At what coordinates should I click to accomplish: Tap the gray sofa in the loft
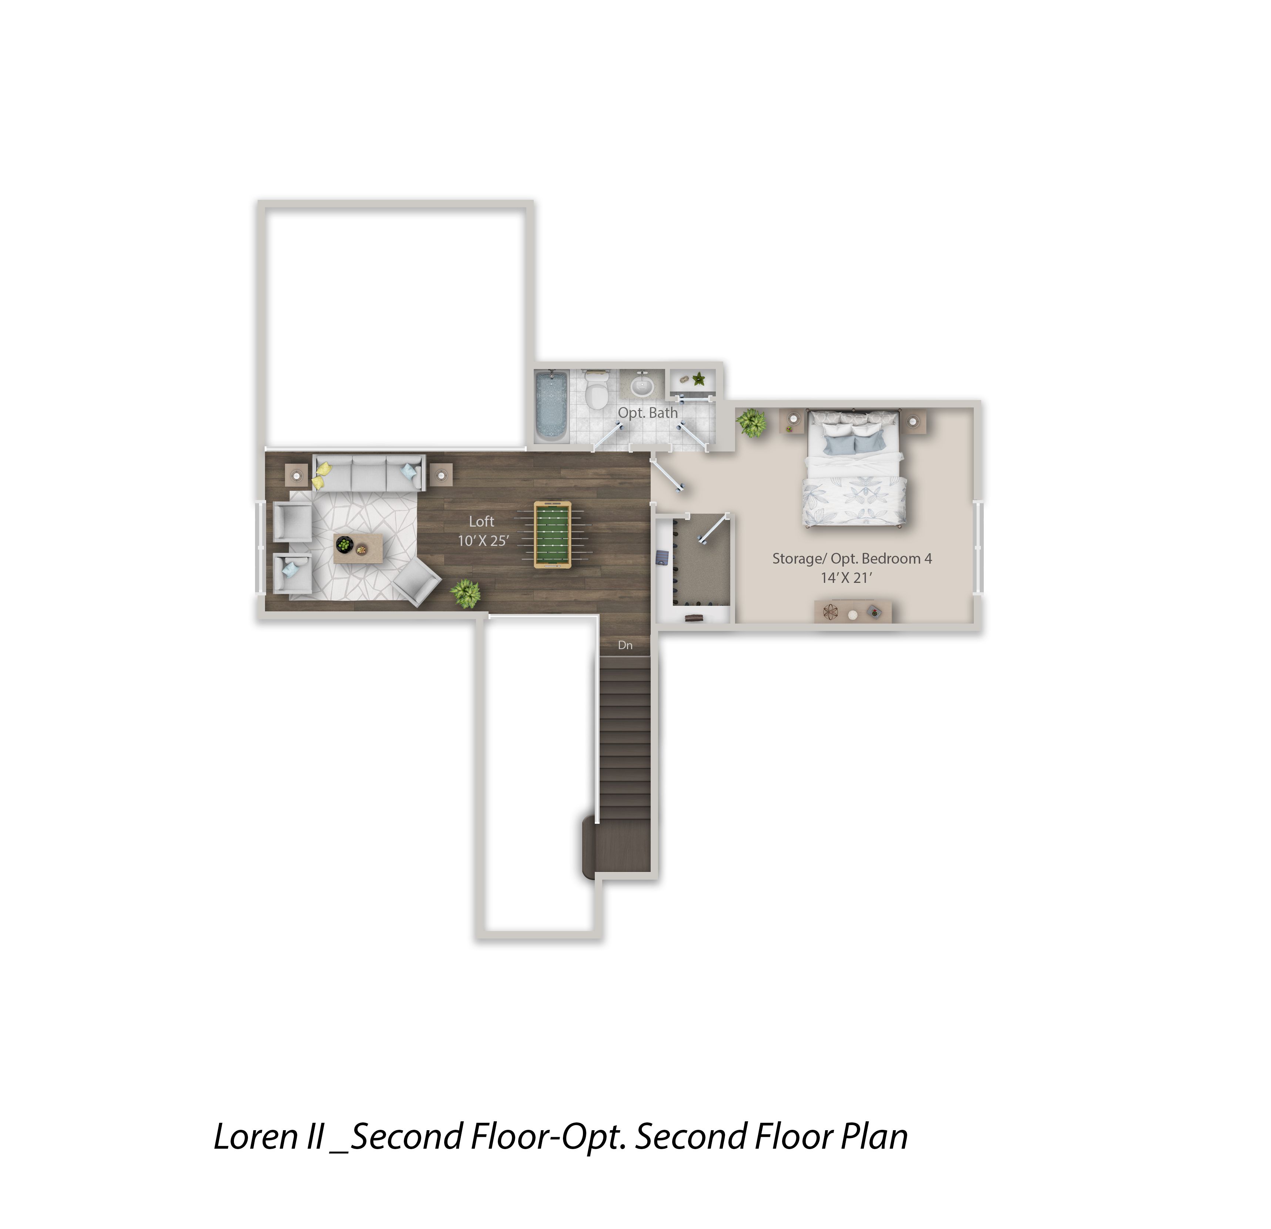tap(369, 473)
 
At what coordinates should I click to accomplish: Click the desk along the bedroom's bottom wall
tap(853, 611)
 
